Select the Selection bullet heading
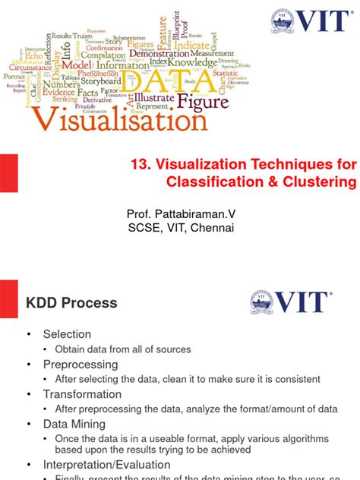coord(67,334)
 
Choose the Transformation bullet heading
coord(82,394)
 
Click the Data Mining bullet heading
coord(75,425)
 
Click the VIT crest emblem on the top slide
coord(281,22)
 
